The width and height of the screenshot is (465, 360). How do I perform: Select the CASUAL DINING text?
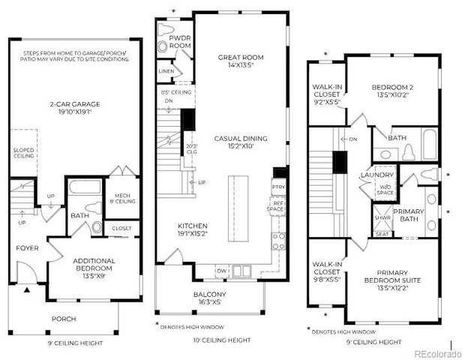point(235,142)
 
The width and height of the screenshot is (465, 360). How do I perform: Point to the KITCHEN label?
point(192,229)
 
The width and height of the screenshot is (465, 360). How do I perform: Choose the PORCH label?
point(64,319)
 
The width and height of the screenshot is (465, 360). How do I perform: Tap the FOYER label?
point(27,247)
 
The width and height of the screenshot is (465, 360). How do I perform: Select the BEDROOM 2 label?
point(393,91)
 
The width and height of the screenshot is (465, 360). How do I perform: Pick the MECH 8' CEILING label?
point(121,197)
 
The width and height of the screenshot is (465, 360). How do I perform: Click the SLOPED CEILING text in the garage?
point(24,153)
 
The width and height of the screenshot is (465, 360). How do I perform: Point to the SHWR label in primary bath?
point(382,218)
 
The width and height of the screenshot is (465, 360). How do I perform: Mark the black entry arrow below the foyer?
point(27,289)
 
